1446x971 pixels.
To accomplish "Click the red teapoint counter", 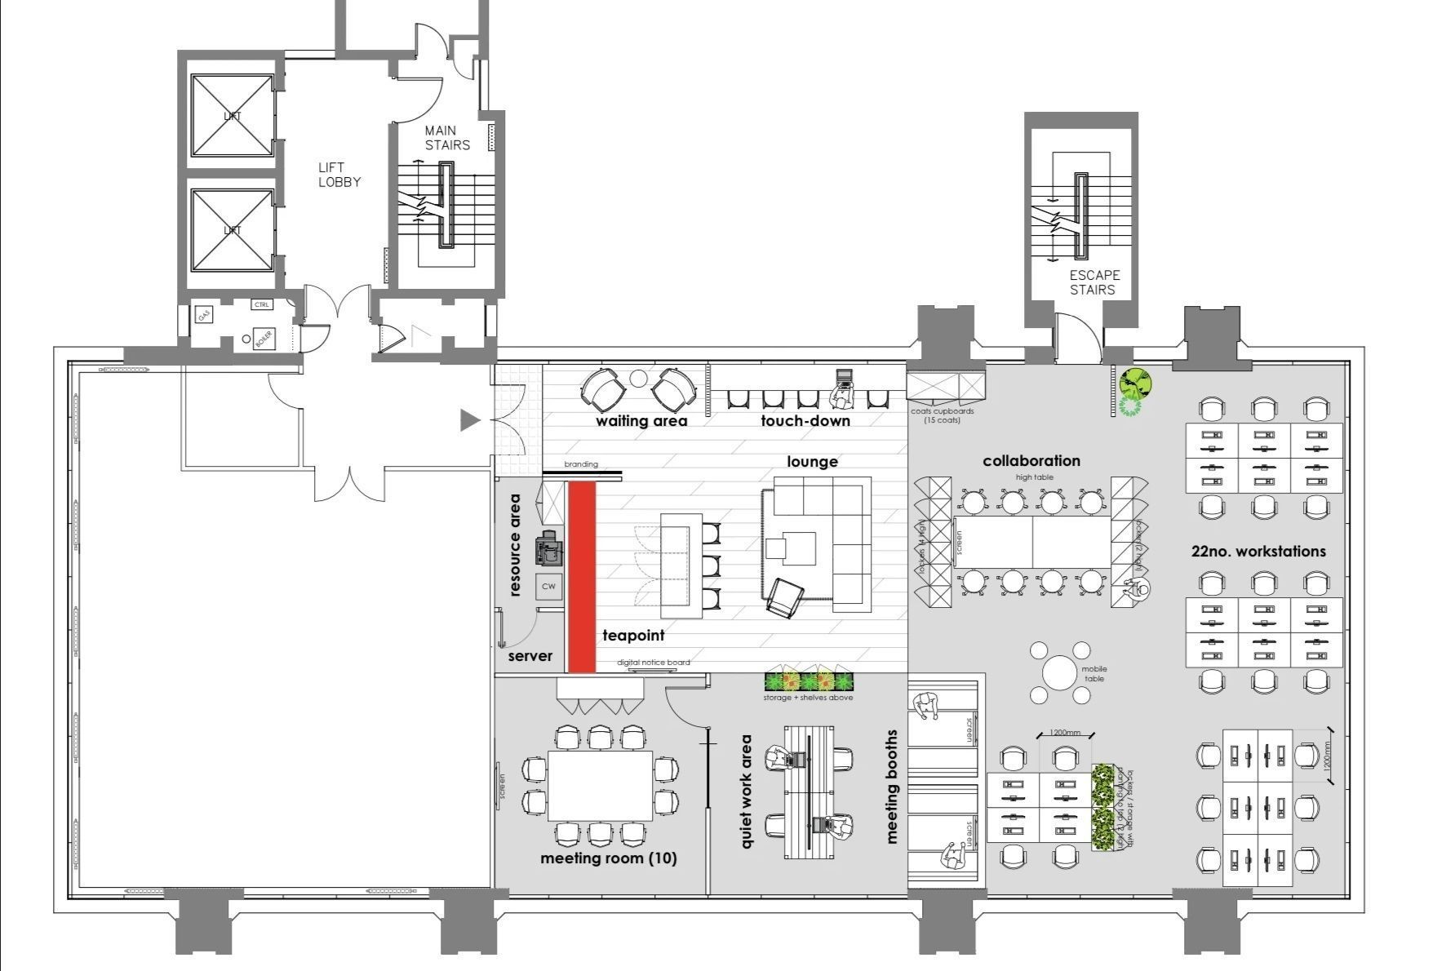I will pyautogui.click(x=581, y=576).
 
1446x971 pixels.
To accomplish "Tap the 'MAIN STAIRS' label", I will pyautogui.click(x=446, y=138).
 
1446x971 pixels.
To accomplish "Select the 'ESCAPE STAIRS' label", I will pyautogui.click(x=1093, y=282).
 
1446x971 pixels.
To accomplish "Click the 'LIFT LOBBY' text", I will pyautogui.click(x=339, y=175).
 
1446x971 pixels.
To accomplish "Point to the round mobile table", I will pyautogui.click(x=1059, y=674).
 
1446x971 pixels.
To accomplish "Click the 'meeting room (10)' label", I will pyautogui.click(x=608, y=858).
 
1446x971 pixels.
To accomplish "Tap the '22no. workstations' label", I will pyautogui.click(x=1257, y=552).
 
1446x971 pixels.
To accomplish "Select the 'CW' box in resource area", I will pyautogui.click(x=548, y=586).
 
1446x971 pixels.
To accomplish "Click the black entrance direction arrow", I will pyautogui.click(x=470, y=420).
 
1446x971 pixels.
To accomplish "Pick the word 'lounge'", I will pyautogui.click(x=812, y=462).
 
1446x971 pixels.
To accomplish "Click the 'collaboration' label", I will pyautogui.click(x=1031, y=461).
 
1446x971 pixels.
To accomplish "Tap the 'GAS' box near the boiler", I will pyautogui.click(x=204, y=314).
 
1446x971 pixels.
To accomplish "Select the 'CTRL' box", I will pyautogui.click(x=261, y=305).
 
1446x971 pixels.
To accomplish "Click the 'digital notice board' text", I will pyautogui.click(x=653, y=663).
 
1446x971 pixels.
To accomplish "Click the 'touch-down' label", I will pyautogui.click(x=805, y=421).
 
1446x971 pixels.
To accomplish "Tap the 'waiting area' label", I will pyautogui.click(x=641, y=422).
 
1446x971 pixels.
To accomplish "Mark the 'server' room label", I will pyautogui.click(x=530, y=656).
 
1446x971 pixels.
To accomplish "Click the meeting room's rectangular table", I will pyautogui.click(x=600, y=786).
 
